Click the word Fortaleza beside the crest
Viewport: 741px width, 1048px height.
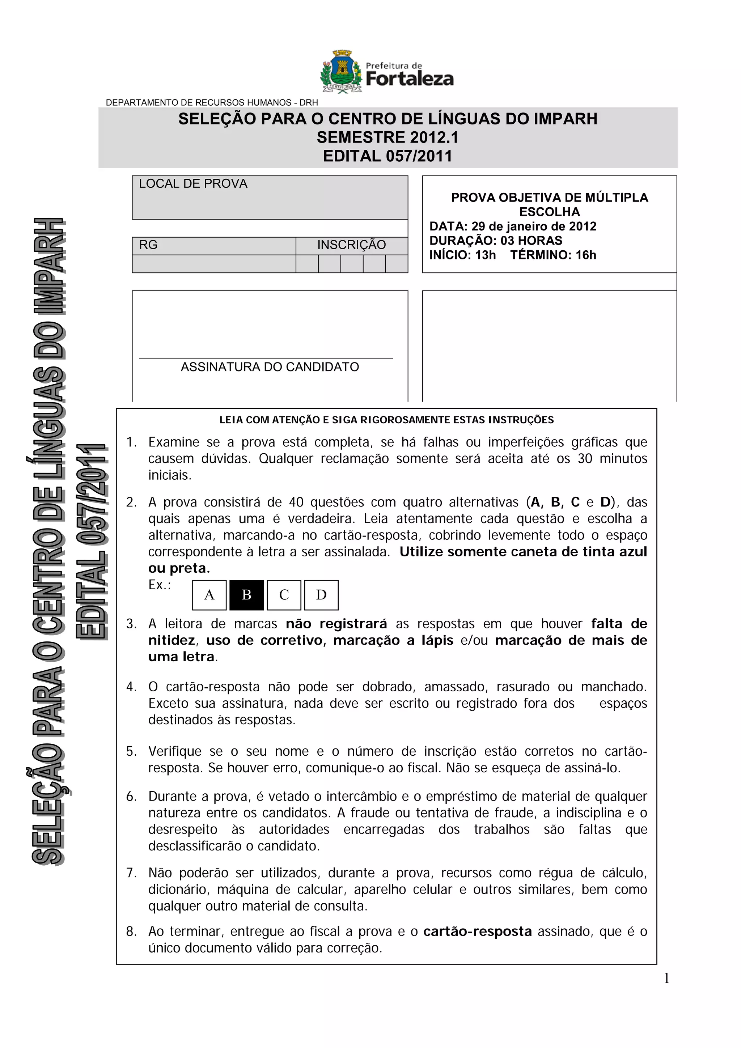pyautogui.click(x=410, y=79)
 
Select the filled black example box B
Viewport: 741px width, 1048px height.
pyautogui.click(x=246, y=595)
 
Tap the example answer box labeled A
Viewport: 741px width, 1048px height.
pyautogui.click(x=209, y=595)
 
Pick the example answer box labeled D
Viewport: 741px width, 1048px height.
pyautogui.click(x=321, y=595)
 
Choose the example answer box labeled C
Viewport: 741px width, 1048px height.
pyautogui.click(x=284, y=595)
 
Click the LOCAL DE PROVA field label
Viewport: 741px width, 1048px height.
pyautogui.click(x=193, y=184)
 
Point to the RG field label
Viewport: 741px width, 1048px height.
pyautogui.click(x=148, y=245)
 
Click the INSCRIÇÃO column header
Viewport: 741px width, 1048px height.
pyautogui.click(x=352, y=245)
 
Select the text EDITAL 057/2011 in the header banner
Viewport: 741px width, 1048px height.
pyautogui.click(x=388, y=156)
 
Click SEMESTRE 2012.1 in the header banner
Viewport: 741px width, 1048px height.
pyautogui.click(x=388, y=137)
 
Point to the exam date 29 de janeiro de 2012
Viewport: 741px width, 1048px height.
pyautogui.click(x=534, y=226)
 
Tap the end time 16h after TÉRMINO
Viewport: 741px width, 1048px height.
pyautogui.click(x=586, y=255)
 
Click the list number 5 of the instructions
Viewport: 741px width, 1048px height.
pyautogui.click(x=131, y=751)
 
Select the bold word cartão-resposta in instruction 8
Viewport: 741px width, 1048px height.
pyautogui.click(x=478, y=931)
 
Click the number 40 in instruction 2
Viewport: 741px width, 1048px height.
pyautogui.click(x=296, y=502)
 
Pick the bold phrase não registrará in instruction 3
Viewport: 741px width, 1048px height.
pyautogui.click(x=336, y=624)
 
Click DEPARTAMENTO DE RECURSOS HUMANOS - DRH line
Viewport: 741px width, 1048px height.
pyautogui.click(x=212, y=103)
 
